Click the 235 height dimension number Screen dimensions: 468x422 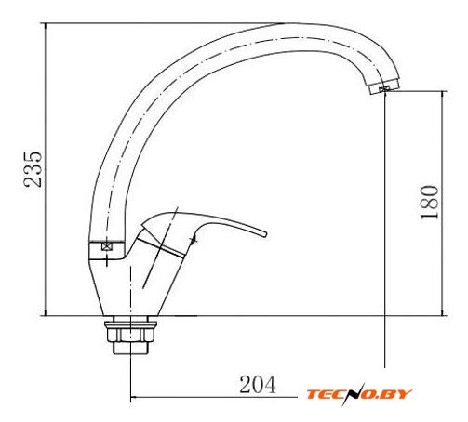point(33,169)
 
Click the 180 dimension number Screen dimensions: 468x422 point(430,203)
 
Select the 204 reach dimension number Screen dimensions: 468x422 point(258,385)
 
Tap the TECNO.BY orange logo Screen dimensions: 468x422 point(359,394)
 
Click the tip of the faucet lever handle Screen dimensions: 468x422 point(265,234)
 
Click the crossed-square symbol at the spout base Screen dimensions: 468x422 point(106,246)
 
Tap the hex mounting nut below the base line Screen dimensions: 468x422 point(130,335)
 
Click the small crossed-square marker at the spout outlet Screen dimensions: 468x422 point(383,89)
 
